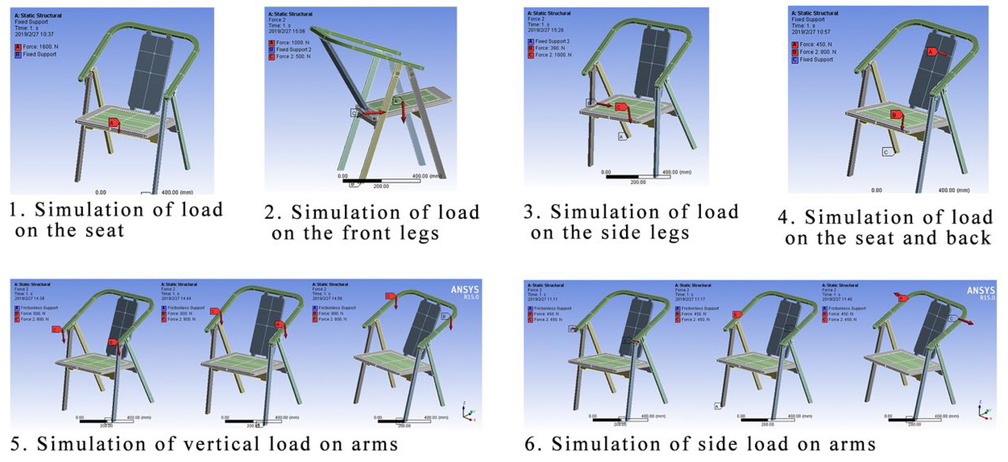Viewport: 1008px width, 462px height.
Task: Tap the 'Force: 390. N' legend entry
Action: [x=550, y=48]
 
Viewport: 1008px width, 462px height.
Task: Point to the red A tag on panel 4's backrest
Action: [x=931, y=52]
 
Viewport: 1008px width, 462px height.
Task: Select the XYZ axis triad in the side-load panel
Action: [x=984, y=411]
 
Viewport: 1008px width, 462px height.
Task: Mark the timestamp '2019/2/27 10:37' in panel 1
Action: [x=34, y=34]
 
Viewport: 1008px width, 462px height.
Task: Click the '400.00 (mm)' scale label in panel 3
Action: [x=677, y=172]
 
